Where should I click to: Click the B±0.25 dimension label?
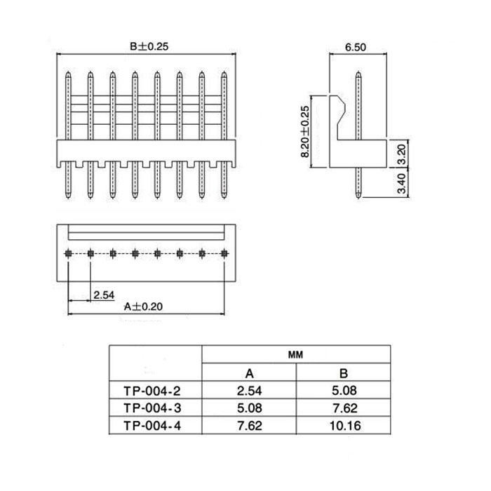pyautogui.click(x=149, y=46)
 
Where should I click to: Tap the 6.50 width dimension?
pyautogui.click(x=356, y=47)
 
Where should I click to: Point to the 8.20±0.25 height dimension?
pyautogui.click(x=304, y=132)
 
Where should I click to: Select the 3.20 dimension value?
pyautogui.click(x=401, y=154)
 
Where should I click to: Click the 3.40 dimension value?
pyautogui.click(x=401, y=184)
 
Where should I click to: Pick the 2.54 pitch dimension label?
pyautogui.click(x=104, y=295)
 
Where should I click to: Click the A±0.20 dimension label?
pyautogui.click(x=143, y=307)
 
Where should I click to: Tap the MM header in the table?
pyautogui.click(x=295, y=355)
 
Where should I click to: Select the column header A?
pyautogui.click(x=249, y=373)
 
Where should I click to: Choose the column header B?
pyautogui.click(x=344, y=373)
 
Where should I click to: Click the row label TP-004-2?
pyautogui.click(x=152, y=391)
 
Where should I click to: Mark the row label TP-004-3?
pyautogui.click(x=152, y=408)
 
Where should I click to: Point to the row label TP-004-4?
pyautogui.click(x=152, y=426)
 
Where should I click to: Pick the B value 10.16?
pyautogui.click(x=345, y=426)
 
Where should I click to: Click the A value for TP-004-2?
pyautogui.click(x=249, y=391)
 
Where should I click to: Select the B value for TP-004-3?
pyautogui.click(x=345, y=408)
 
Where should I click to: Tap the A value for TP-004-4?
pyautogui.click(x=250, y=426)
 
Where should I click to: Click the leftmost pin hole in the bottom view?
pyautogui.click(x=68, y=253)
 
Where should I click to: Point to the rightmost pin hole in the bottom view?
pyautogui.click(x=224, y=253)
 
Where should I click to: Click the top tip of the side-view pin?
pyautogui.click(x=358, y=72)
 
